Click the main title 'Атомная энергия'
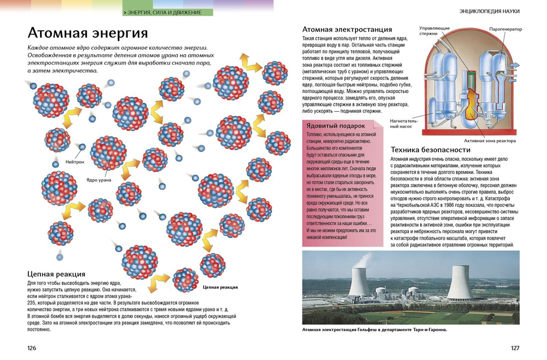tap(88, 32)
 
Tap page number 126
tap(32, 348)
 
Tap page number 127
tap(515, 348)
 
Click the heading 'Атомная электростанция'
tap(347, 29)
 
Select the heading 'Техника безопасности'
tap(430, 149)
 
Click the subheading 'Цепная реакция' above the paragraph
tap(56, 274)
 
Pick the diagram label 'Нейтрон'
tap(74, 162)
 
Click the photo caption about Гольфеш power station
tap(375, 330)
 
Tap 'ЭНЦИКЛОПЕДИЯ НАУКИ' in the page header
tap(490, 11)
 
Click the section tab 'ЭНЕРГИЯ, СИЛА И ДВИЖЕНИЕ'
tap(162, 12)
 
